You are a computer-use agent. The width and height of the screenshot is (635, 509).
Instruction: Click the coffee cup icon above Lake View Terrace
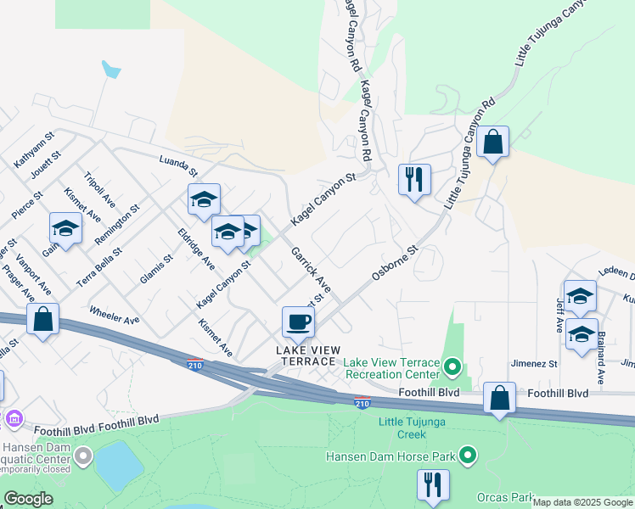tap(298, 322)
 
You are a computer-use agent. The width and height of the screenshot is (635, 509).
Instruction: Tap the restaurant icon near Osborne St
tap(414, 180)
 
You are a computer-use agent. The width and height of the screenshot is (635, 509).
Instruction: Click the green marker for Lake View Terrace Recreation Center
tap(452, 367)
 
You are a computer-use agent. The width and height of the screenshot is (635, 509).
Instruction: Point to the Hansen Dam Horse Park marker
tap(466, 456)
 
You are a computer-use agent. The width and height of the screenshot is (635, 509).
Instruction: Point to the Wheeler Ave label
tap(114, 315)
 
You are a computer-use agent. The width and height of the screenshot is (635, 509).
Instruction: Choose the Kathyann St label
tap(34, 148)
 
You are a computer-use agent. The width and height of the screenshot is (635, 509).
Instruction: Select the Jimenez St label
tap(533, 363)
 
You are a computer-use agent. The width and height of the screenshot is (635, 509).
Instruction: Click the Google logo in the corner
tap(28, 499)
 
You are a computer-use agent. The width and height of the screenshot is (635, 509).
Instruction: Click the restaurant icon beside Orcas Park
tap(433, 485)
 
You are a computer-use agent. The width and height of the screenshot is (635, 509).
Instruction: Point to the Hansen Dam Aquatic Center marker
tap(82, 457)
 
